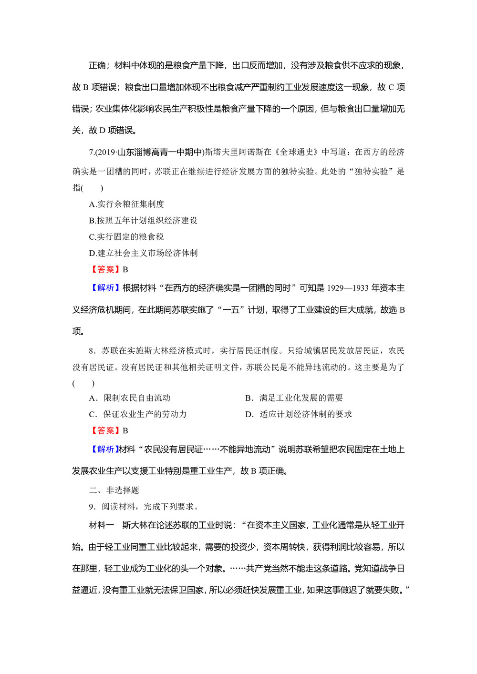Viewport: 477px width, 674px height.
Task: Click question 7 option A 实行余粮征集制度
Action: pos(126,204)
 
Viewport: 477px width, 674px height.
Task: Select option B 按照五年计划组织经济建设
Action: pos(143,220)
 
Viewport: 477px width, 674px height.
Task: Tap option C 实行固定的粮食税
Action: pos(126,236)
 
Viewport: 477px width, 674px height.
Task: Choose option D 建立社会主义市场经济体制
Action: pos(143,253)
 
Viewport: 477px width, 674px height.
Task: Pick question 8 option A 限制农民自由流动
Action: pos(130,398)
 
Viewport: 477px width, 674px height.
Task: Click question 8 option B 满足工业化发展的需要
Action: pos(294,398)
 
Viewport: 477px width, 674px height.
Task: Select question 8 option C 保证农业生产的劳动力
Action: pos(138,414)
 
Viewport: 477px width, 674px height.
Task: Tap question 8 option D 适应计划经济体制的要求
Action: pos(299,414)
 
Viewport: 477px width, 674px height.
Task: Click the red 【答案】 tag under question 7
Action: pos(105,269)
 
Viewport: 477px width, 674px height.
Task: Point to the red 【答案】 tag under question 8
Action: pos(105,430)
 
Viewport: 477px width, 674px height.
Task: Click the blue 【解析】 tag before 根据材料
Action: pos(105,288)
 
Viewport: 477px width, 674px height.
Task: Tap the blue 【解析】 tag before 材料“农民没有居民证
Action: pos(104,449)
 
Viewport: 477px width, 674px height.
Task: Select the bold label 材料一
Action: pos(102,525)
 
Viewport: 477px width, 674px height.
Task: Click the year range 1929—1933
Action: pos(348,288)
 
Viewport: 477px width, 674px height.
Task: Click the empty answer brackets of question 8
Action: pos(83,383)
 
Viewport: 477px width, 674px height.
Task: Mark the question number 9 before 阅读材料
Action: pos(92,506)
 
